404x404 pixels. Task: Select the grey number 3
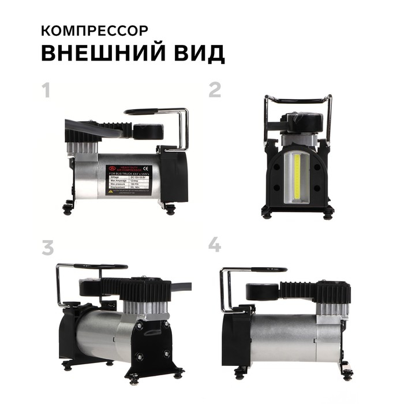[x=47, y=247]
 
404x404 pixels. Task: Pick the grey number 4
[x=215, y=246]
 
